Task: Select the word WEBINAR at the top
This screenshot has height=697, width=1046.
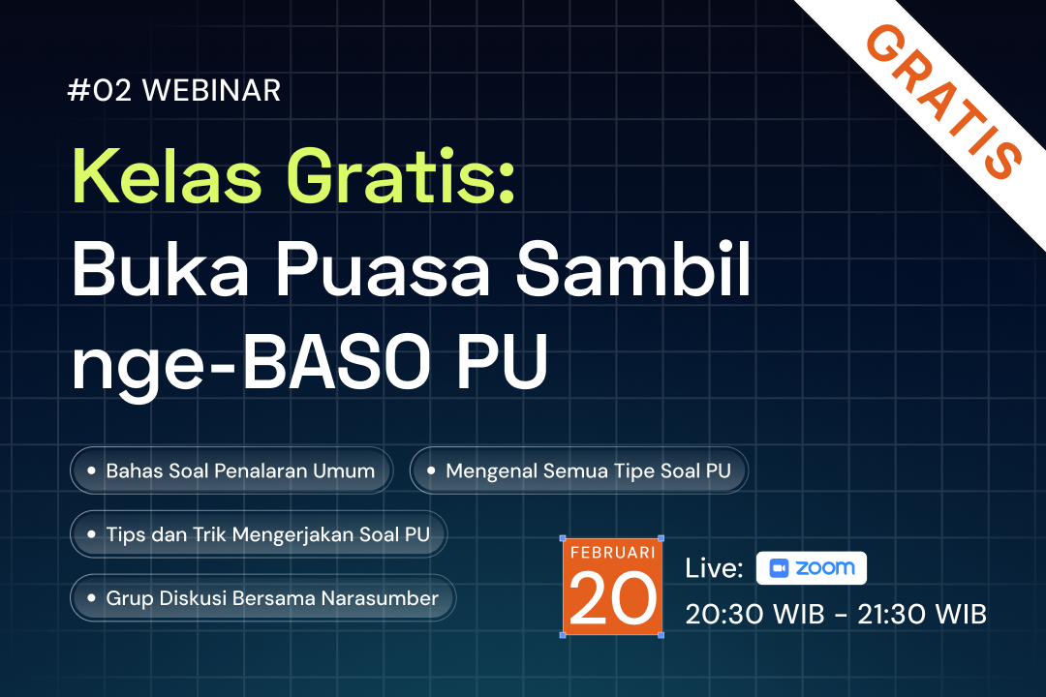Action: (x=211, y=91)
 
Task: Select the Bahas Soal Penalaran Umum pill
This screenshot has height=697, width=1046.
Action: (x=231, y=471)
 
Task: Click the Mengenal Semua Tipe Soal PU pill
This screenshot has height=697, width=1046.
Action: (x=579, y=471)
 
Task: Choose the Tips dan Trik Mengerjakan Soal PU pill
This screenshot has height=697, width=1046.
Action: (x=259, y=533)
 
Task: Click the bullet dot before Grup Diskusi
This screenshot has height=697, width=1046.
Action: (x=91, y=598)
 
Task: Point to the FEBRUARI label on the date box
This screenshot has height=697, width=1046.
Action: (x=611, y=553)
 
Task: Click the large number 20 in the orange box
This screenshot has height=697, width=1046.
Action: (x=611, y=597)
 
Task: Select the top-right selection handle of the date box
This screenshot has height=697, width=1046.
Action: (x=661, y=538)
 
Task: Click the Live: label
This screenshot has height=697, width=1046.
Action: (x=714, y=568)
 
